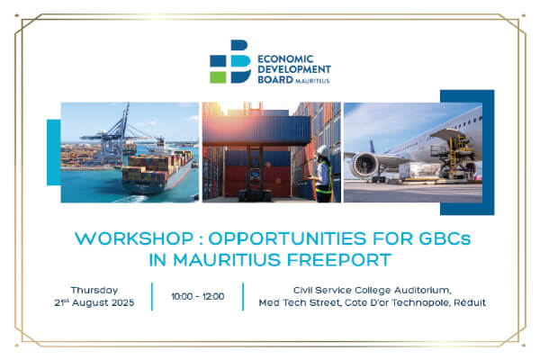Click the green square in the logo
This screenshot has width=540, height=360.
(x=218, y=76)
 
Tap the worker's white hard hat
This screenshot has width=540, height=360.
(x=321, y=150)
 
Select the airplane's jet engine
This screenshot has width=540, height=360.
(x=367, y=166)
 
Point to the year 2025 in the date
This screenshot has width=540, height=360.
(x=119, y=302)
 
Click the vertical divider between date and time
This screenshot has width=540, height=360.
(x=151, y=296)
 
